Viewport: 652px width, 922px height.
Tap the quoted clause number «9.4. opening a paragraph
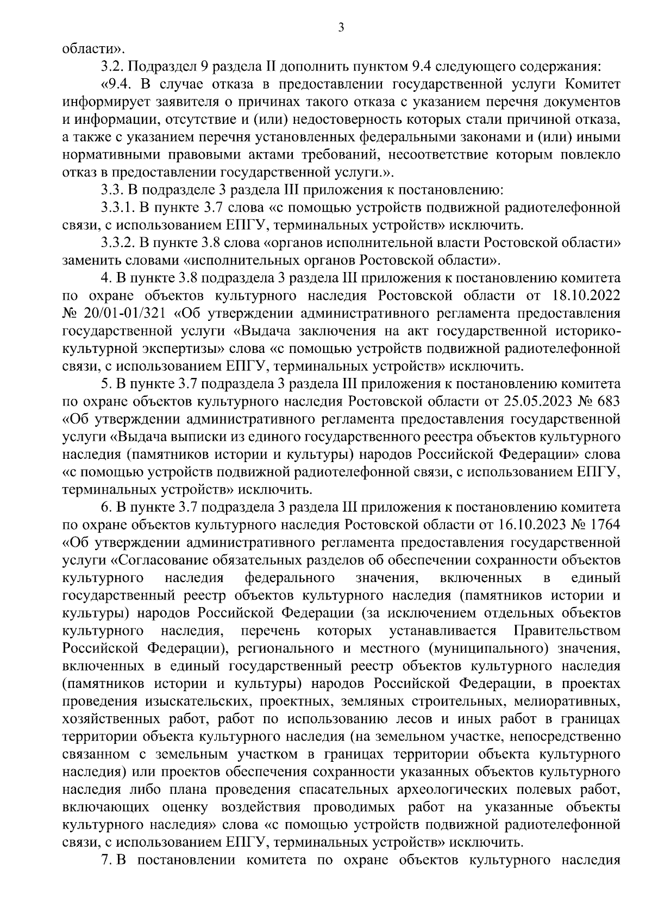[x=116, y=85]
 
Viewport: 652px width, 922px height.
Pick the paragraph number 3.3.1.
[x=118, y=207]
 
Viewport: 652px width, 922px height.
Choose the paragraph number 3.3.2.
[x=118, y=243]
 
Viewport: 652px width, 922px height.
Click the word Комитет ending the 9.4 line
[x=592, y=85]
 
